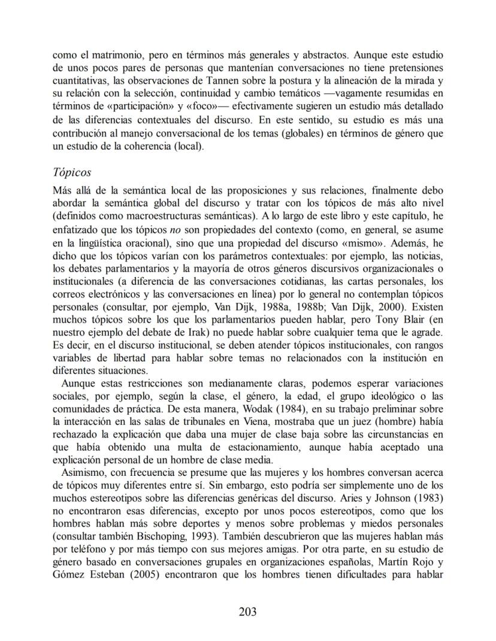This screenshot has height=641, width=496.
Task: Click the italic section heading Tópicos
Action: [x=71, y=172]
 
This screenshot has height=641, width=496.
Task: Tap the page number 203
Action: [x=247, y=611]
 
